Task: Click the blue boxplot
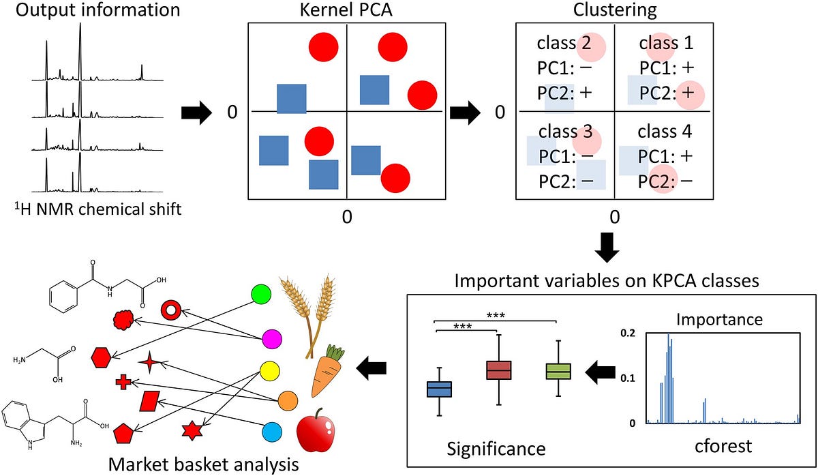tap(439, 389)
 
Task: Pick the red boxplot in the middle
tap(499, 370)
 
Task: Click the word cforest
tap(723, 447)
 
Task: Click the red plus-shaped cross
tap(123, 382)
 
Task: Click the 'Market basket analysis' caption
tap(203, 465)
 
